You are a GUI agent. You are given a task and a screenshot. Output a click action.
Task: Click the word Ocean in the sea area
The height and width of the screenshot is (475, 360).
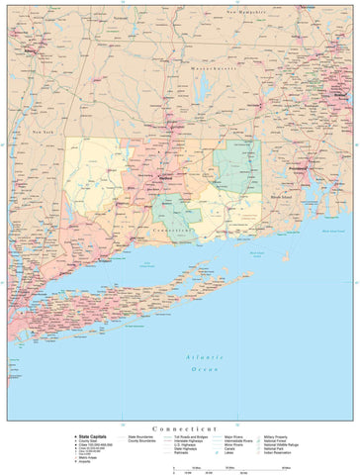tap(206, 368)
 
